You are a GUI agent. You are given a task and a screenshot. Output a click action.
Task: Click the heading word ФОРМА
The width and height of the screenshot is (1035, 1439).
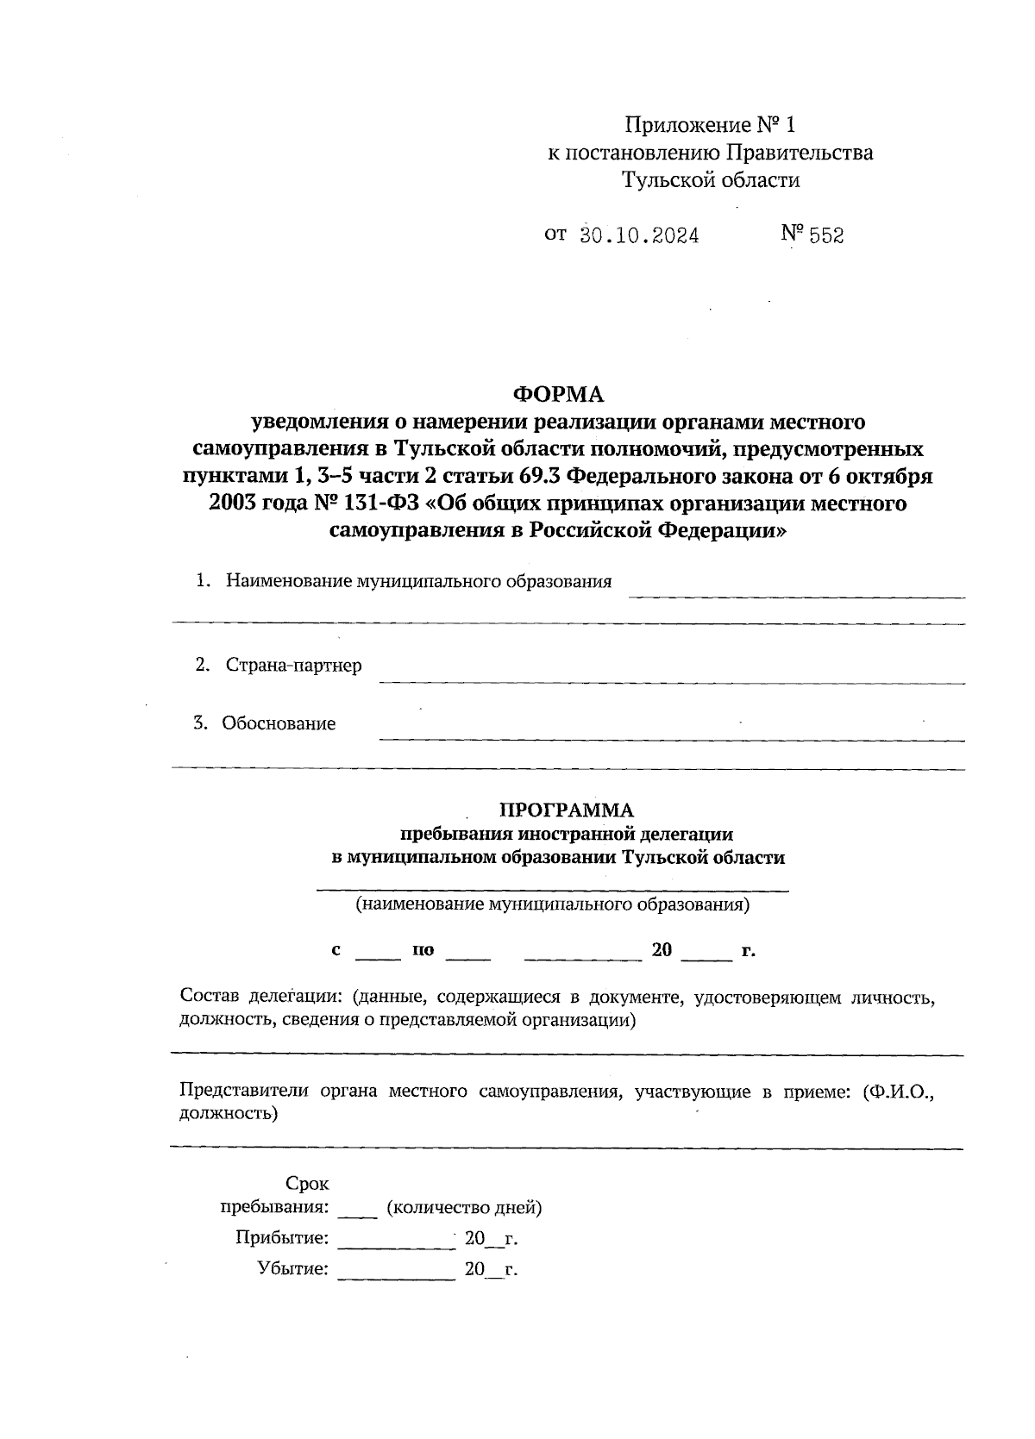click(558, 395)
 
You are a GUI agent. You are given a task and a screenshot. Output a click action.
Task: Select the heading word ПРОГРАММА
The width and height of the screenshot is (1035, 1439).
click(567, 810)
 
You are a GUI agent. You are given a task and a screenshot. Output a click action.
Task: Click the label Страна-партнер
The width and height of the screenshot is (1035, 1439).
click(293, 665)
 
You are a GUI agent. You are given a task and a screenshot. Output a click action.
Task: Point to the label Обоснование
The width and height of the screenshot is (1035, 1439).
click(278, 723)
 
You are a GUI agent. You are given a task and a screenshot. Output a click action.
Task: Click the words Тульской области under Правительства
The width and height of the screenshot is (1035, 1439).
click(711, 180)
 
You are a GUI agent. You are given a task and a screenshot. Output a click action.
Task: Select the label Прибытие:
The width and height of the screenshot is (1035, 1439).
click(282, 1238)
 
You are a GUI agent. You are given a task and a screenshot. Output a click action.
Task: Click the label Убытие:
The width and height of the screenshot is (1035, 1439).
click(292, 1269)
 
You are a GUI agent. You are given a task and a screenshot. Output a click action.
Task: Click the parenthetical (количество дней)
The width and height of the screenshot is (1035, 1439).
click(464, 1207)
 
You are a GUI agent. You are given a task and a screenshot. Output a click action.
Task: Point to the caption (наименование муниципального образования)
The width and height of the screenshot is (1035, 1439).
click(552, 904)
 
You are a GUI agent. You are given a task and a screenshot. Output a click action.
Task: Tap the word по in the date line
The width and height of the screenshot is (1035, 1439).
click(423, 950)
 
